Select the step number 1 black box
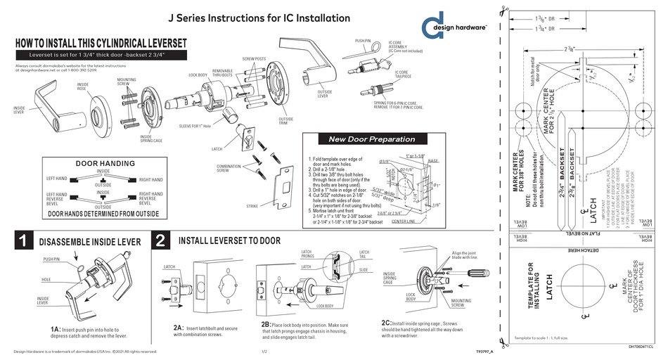click(x=23, y=242)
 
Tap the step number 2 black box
click(x=160, y=242)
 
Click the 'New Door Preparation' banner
click(x=372, y=139)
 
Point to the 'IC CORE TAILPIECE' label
click(x=402, y=73)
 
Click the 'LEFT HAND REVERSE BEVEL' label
click(x=57, y=198)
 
